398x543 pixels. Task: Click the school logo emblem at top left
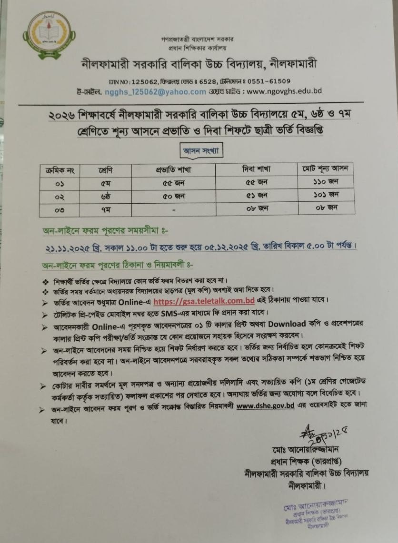pyautogui.click(x=49, y=35)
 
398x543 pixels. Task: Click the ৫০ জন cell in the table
pyautogui.click(x=173, y=196)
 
